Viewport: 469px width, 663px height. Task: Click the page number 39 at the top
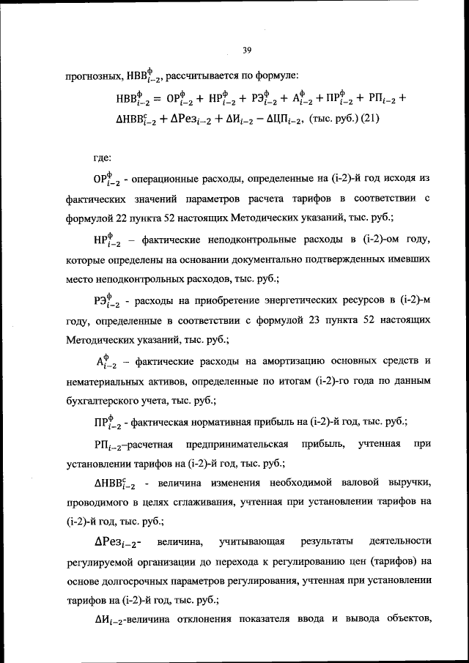[x=247, y=49]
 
